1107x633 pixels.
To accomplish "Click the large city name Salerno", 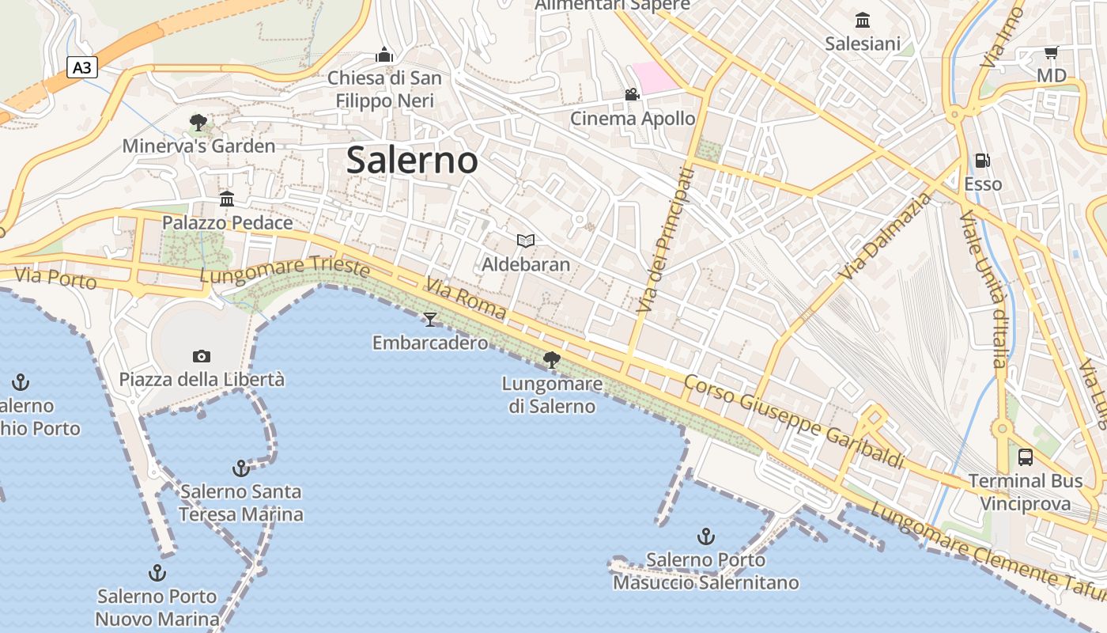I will click(x=412, y=161).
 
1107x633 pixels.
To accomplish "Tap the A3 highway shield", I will click(x=81, y=68).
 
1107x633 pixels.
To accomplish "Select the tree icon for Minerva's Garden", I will click(x=198, y=123).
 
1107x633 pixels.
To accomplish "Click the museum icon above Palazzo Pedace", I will click(x=227, y=199).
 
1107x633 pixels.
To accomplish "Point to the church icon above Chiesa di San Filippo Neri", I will click(x=384, y=55).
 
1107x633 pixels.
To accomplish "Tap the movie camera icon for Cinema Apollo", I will click(x=632, y=95).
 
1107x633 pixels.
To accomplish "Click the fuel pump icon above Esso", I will click(x=982, y=161).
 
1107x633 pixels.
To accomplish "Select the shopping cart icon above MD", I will click(x=1051, y=53).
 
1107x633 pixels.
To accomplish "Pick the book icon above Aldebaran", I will click(x=526, y=241).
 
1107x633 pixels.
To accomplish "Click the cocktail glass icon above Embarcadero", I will click(x=430, y=319).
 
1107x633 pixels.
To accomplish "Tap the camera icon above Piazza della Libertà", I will click(x=202, y=356).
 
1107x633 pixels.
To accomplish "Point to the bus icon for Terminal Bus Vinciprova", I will click(x=1026, y=457).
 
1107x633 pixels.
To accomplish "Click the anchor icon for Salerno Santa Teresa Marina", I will click(x=241, y=468).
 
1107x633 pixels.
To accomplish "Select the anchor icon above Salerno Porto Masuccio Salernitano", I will click(x=706, y=536).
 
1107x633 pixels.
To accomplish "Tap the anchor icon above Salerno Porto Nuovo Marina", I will click(x=157, y=573).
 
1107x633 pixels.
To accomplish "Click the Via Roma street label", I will click(x=466, y=298).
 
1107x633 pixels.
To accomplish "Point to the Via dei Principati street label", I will click(x=665, y=239).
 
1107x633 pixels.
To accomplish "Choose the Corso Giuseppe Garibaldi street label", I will click(x=793, y=422).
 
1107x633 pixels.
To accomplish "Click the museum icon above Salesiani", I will click(x=863, y=20).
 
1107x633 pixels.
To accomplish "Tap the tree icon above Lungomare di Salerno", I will click(x=552, y=361).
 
